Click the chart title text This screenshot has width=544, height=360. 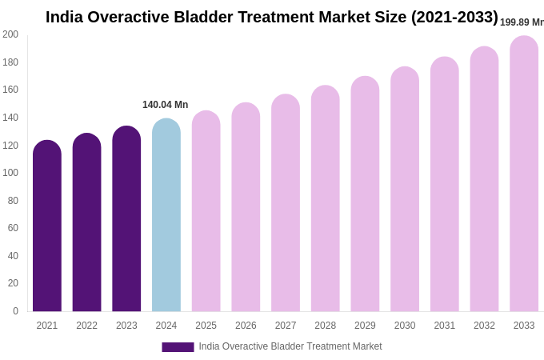[271, 17]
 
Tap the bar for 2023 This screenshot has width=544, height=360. [126, 219]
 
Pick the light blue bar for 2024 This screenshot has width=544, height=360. [166, 215]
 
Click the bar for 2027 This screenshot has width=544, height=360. [286, 203]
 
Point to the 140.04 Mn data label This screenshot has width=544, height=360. [165, 105]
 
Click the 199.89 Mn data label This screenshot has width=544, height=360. [521, 22]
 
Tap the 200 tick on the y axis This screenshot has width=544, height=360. [10, 34]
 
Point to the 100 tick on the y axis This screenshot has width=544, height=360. [10, 173]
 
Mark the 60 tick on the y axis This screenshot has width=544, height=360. [13, 228]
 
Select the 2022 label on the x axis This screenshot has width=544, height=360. [86, 326]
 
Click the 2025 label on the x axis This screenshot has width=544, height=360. [206, 326]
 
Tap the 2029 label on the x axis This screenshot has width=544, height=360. [365, 326]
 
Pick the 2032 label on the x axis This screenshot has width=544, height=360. [484, 326]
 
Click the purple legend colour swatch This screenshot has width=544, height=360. [178, 347]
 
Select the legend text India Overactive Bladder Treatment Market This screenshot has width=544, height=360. [290, 346]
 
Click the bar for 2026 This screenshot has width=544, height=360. [246, 207]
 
